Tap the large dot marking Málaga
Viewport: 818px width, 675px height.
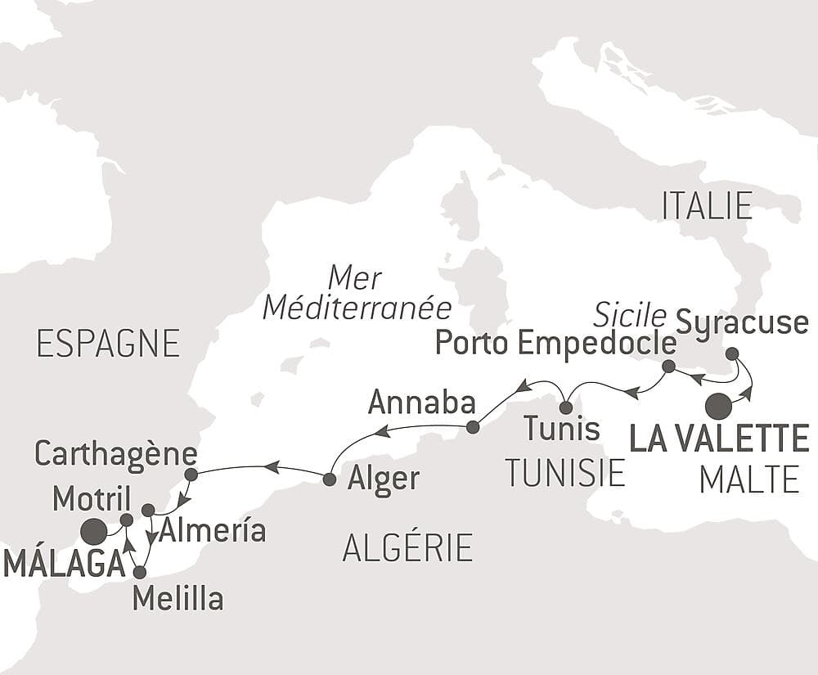point(94,532)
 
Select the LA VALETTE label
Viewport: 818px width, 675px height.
point(719,438)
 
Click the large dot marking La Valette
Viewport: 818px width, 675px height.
point(718,406)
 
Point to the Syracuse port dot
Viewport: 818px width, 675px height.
point(732,353)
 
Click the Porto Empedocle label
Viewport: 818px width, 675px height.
point(555,343)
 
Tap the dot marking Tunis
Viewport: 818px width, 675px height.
point(565,407)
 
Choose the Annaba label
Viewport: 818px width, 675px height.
point(421,402)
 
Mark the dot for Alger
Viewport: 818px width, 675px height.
point(329,479)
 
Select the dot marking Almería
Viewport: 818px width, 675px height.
point(148,511)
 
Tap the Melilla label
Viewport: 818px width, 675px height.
point(178,599)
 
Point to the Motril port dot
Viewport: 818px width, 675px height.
point(126,520)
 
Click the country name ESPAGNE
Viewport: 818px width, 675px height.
point(108,344)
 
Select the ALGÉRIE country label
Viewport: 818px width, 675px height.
point(407,547)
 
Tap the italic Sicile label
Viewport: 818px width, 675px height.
point(629,313)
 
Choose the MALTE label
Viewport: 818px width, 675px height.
point(749,479)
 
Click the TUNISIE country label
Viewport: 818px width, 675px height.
point(564,473)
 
